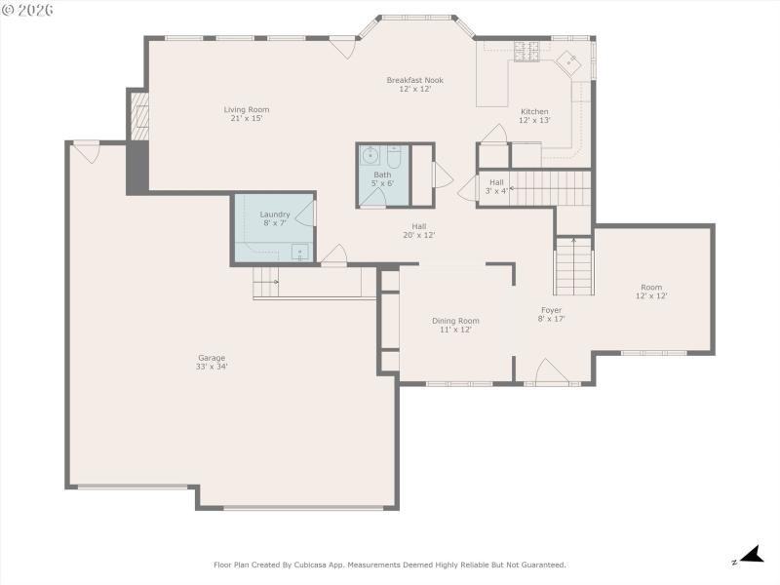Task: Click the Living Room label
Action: pos(247,110)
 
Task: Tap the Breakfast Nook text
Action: pos(414,81)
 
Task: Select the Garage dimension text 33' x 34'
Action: pos(212,367)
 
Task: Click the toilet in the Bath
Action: pos(394,157)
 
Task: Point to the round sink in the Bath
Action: pos(370,156)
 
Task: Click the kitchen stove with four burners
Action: pos(526,54)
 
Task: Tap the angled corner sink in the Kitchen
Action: pos(567,63)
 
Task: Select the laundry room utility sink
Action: pos(299,253)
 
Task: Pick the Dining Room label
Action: pos(455,321)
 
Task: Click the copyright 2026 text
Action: pos(28,11)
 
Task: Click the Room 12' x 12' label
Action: pos(651,292)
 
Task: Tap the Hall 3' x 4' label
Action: pos(496,186)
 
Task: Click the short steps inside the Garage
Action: pos(266,285)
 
